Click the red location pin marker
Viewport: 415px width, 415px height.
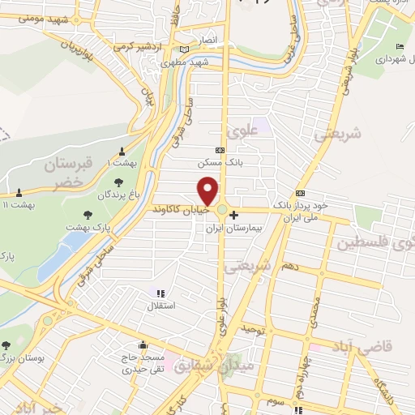pyautogui.click(x=209, y=190)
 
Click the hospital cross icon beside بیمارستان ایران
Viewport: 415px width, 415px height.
pyautogui.click(x=234, y=216)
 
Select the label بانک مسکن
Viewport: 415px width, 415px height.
pyautogui.click(x=219, y=163)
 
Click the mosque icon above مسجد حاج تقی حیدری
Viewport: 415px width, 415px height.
pyautogui.click(x=143, y=344)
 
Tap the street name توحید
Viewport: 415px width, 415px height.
pyautogui.click(x=253, y=327)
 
